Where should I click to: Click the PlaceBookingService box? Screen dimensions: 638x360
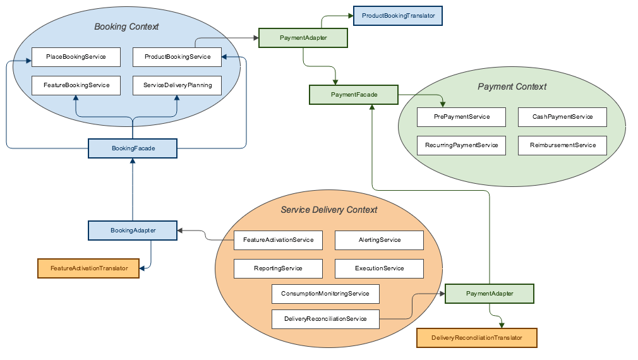tap(76, 57)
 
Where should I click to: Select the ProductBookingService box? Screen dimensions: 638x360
tap(177, 57)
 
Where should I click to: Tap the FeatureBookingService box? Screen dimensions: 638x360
tap(76, 85)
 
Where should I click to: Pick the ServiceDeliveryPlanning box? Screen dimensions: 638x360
tap(177, 85)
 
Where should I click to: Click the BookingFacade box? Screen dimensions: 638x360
tap(133, 148)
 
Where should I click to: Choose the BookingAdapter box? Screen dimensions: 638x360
tap(133, 231)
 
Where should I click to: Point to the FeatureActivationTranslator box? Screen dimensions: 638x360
tap(88, 268)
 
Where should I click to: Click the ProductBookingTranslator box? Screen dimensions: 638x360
tap(398, 16)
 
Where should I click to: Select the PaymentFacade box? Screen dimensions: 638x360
tap(354, 95)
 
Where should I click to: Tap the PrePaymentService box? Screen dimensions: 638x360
tap(461, 117)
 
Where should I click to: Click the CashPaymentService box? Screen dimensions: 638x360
tap(562, 117)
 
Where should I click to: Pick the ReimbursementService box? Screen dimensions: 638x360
tap(562, 146)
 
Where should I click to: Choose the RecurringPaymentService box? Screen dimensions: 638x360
tap(461, 146)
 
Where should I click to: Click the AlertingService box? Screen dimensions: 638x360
tap(379, 241)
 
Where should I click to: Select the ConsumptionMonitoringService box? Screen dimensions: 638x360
tap(325, 294)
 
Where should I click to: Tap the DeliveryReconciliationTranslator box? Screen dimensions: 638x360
tap(477, 338)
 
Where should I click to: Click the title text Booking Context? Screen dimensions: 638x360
tap(126, 27)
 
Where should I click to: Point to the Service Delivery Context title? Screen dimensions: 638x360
tap(329, 210)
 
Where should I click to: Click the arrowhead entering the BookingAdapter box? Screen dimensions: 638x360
tap(180, 231)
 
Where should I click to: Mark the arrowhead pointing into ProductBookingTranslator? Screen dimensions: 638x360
tap(351, 16)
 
